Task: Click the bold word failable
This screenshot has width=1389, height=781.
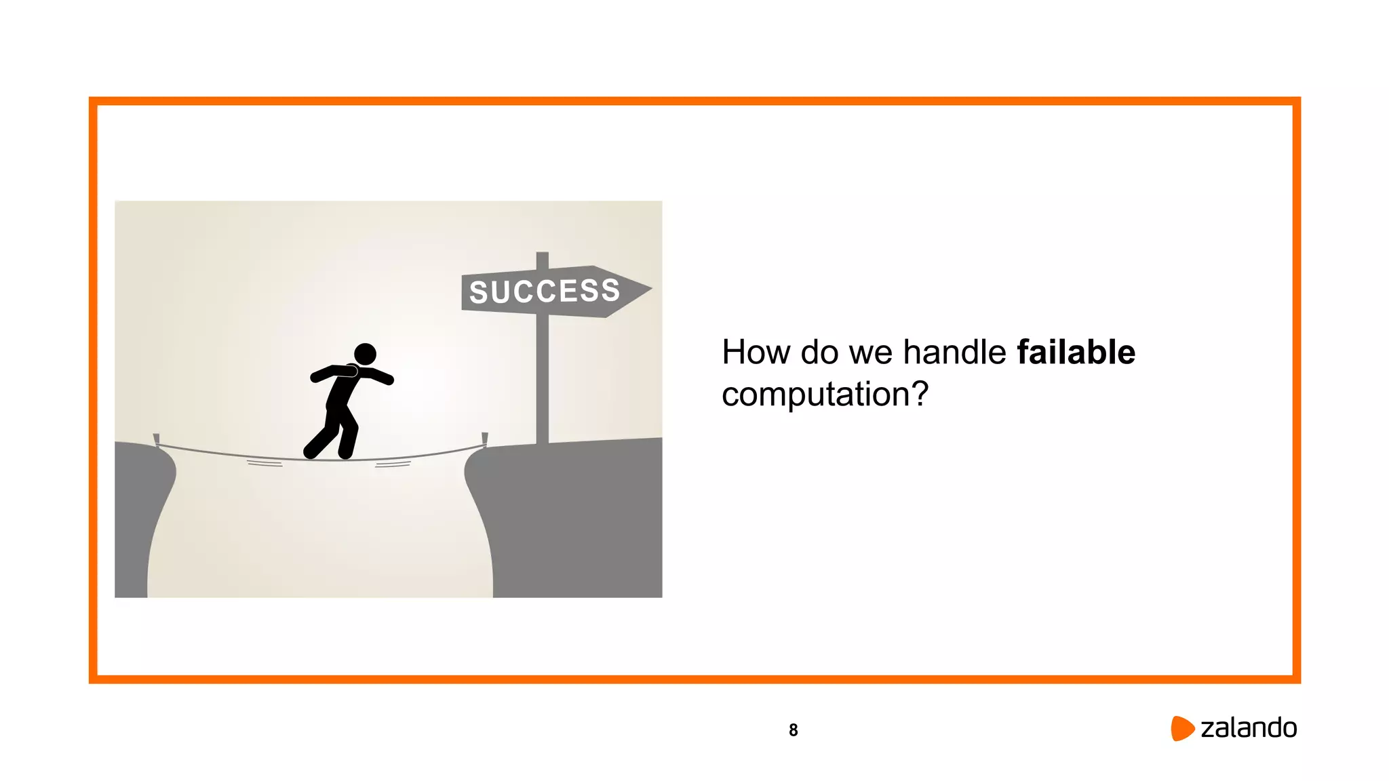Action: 1076,353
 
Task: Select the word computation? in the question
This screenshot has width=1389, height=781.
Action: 824,395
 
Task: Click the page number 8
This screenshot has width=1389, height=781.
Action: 793,730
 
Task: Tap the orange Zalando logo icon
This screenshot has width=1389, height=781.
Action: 1181,728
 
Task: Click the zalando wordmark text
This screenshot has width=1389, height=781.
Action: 1249,728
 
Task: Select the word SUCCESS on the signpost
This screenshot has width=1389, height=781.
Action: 545,292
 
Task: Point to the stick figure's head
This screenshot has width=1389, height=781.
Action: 365,354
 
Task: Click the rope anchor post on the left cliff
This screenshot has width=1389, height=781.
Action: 157,440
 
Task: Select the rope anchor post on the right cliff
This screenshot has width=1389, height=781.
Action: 484,439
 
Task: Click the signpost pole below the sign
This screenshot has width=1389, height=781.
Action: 543,380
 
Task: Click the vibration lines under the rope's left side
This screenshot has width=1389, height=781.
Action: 265,464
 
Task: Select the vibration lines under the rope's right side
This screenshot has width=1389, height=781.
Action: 393,464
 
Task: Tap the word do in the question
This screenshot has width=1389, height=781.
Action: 819,353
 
